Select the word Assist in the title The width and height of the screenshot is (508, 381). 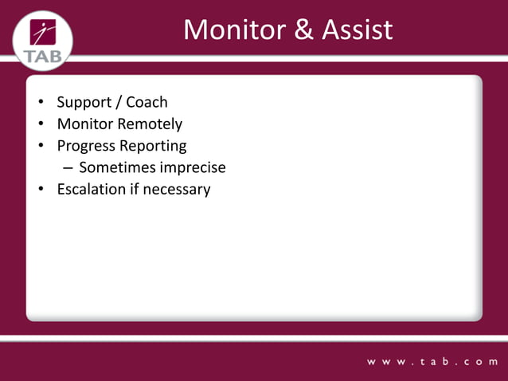point(358,30)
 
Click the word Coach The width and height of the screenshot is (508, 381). point(147,102)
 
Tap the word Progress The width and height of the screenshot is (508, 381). point(86,147)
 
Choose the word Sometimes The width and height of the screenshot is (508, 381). point(117,168)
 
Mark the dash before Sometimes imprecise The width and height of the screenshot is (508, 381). point(68,169)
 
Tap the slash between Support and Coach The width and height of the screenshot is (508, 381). point(119,103)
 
